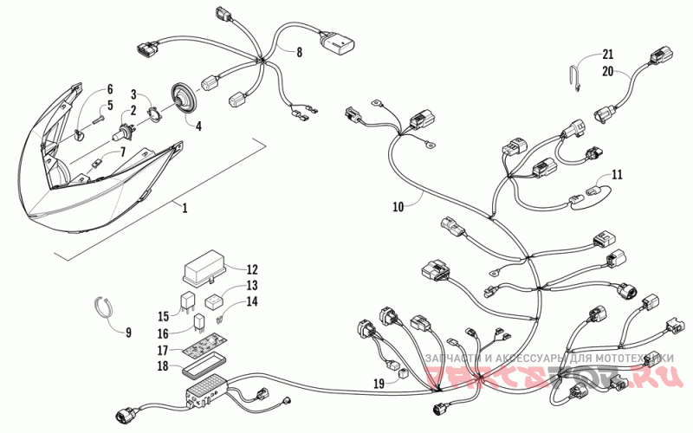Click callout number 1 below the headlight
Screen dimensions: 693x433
tap(183, 207)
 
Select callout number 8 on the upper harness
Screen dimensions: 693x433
tap(299, 52)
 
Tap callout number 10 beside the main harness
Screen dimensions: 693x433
tap(398, 207)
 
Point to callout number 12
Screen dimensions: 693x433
tap(252, 268)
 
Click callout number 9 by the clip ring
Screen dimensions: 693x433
tap(128, 332)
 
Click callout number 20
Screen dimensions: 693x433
tap(607, 73)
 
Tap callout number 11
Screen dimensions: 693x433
tap(616, 174)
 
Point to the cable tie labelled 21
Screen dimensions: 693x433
tap(578, 76)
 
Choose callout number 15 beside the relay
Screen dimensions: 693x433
tap(162, 315)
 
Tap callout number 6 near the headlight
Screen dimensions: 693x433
tap(110, 89)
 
